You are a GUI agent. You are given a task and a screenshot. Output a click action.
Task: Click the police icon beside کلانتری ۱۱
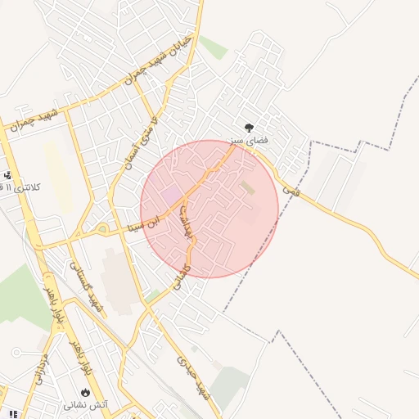click(x=7, y=175)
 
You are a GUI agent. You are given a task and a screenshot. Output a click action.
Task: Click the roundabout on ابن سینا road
click(x=102, y=228)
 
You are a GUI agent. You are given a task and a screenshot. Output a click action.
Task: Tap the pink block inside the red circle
click(x=172, y=195)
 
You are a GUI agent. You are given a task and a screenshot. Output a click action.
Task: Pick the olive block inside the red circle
click(x=247, y=188)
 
